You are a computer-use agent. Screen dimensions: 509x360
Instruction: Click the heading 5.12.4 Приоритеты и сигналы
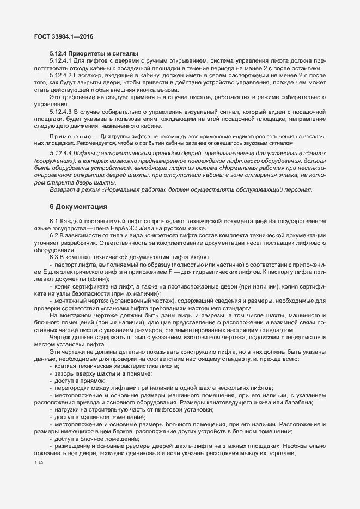[93, 53]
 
